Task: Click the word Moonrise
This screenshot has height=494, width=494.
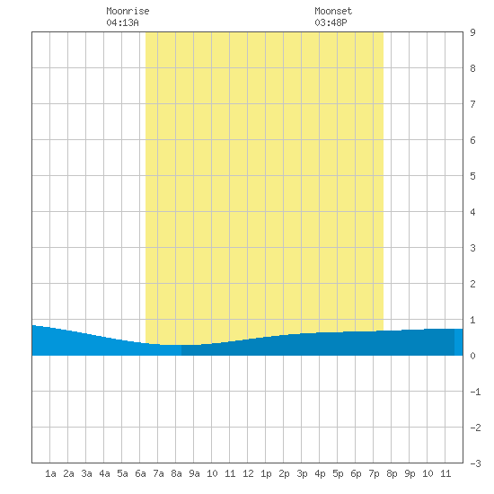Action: tap(128, 11)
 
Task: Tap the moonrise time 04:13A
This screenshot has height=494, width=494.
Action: tap(122, 22)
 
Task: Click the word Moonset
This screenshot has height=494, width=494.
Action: tap(333, 11)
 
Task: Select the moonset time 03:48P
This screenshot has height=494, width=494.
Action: tap(331, 22)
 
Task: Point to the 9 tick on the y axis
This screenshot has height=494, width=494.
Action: tap(472, 32)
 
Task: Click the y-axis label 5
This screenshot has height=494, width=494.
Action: tap(472, 176)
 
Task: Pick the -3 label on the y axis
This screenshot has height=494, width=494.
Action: tap(475, 463)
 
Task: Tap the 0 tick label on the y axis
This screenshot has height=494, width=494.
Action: tap(472, 356)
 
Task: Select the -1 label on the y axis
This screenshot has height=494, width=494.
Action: tap(475, 392)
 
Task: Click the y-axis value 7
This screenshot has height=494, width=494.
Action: tap(472, 104)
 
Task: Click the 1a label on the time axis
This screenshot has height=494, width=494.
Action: tap(50, 473)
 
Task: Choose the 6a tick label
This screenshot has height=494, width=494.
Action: tap(140, 473)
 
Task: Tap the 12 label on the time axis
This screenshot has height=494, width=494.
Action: tap(248, 473)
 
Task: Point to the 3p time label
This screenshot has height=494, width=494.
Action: tap(302, 473)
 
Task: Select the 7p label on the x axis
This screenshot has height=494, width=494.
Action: tap(374, 473)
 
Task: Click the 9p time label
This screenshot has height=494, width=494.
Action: tap(410, 473)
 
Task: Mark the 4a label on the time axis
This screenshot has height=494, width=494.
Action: tap(104, 473)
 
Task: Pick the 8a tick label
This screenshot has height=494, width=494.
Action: tap(176, 473)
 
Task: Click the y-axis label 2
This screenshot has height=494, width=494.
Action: tap(472, 284)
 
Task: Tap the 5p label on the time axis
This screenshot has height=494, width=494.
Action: tap(338, 473)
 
